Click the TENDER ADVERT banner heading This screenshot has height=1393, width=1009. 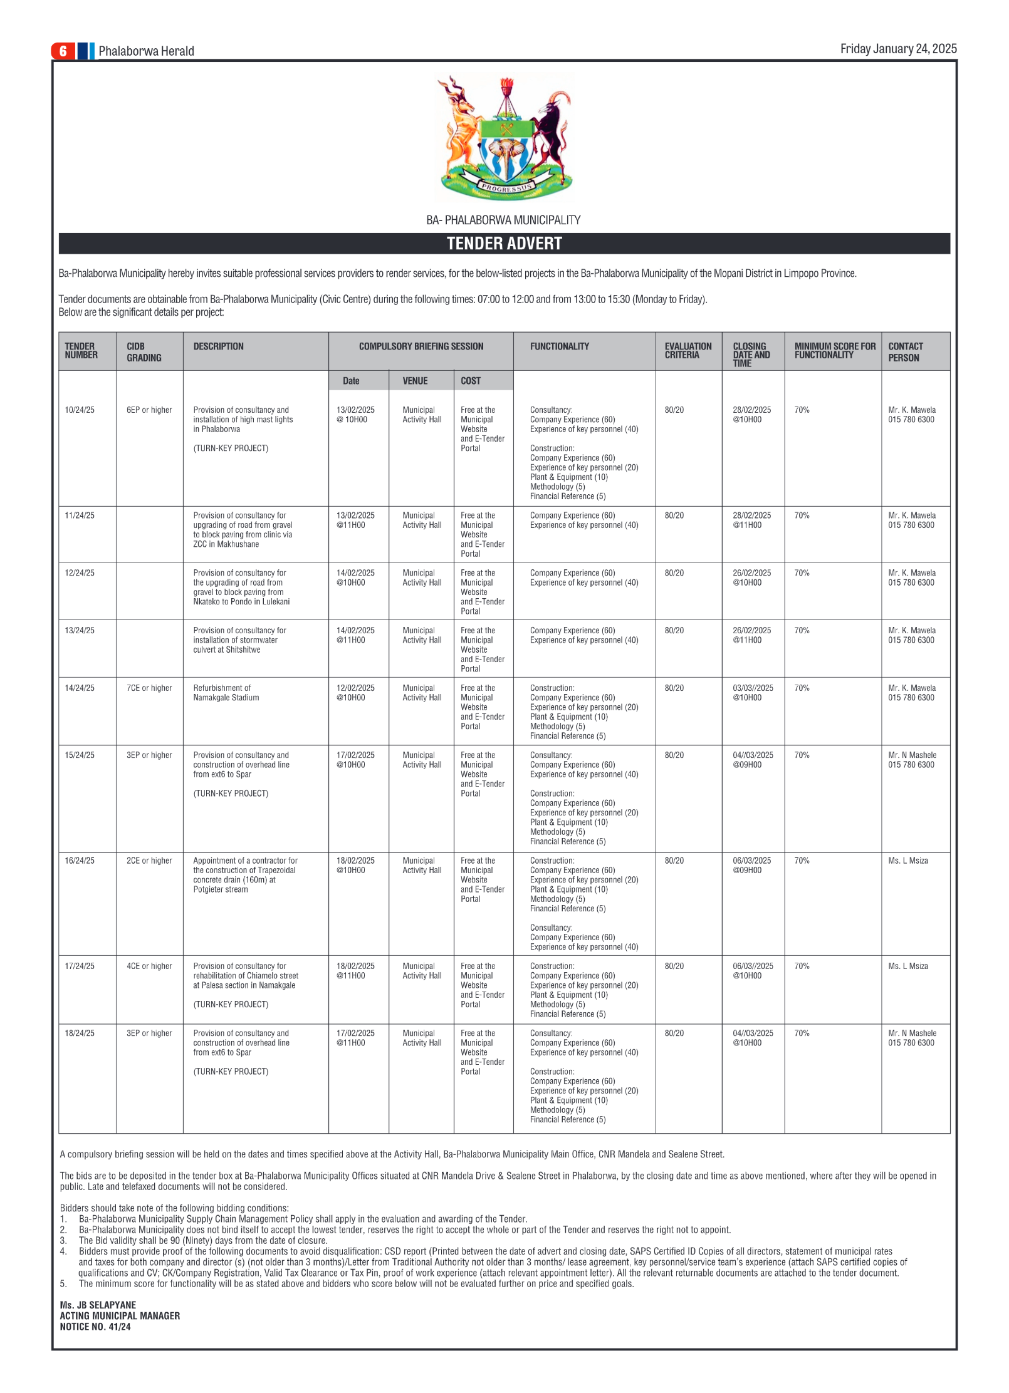click(x=504, y=244)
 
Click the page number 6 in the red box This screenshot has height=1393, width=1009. click(x=63, y=51)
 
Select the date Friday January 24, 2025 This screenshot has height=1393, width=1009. click(x=898, y=49)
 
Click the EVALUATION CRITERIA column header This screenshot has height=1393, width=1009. click(x=687, y=351)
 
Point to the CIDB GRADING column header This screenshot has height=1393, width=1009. click(x=144, y=352)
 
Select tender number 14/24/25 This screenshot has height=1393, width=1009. click(x=80, y=688)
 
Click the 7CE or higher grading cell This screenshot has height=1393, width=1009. click(x=149, y=688)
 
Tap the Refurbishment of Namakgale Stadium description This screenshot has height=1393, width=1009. click(x=226, y=693)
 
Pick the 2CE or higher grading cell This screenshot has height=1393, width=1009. click(x=149, y=861)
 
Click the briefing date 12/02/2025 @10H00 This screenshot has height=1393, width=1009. click(x=355, y=693)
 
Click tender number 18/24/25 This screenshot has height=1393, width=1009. click(x=80, y=1033)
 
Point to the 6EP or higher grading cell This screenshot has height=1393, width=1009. click(x=149, y=410)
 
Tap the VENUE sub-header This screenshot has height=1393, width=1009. click(x=415, y=381)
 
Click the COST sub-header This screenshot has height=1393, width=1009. click(x=471, y=381)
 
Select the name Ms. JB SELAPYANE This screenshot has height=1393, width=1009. click(x=98, y=1305)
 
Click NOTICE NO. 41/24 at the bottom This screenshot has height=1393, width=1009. click(x=95, y=1327)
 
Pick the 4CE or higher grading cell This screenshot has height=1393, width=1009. click(x=149, y=966)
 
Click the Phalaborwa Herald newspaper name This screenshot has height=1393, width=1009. click(x=146, y=51)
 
